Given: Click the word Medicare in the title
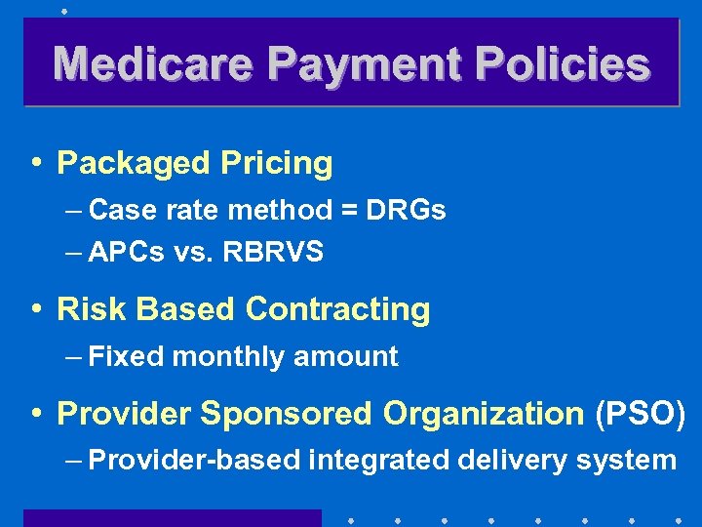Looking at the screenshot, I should click(153, 64).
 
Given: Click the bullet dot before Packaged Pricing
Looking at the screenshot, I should click(36, 163).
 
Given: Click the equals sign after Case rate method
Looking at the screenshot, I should click(349, 211).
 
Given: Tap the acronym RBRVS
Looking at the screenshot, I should click(273, 253).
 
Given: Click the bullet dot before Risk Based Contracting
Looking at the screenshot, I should click(36, 309).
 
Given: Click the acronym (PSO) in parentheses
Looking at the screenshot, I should click(640, 414).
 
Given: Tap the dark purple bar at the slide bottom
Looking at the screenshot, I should click(172, 518).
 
